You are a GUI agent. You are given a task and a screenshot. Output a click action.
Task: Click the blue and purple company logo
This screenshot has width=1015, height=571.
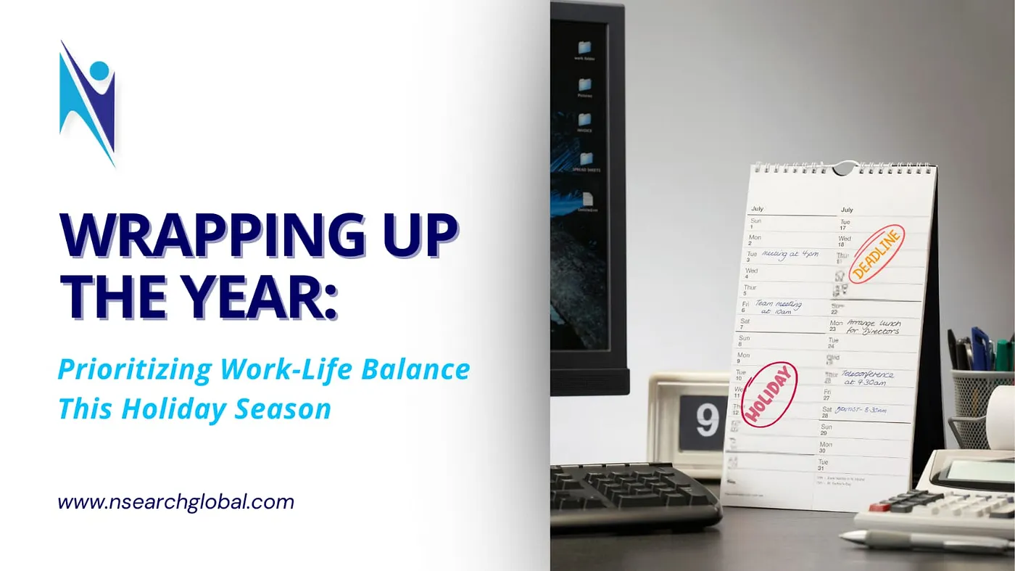pos(88,102)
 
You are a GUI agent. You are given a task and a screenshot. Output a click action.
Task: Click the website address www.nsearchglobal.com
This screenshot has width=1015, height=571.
pos(176,502)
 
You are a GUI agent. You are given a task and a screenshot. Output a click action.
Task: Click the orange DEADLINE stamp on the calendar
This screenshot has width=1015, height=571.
pos(877,255)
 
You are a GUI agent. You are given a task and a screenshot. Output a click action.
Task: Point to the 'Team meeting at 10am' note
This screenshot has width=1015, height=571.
pos(778,306)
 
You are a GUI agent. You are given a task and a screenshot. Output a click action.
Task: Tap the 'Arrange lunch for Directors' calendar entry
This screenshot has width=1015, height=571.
pos(874,326)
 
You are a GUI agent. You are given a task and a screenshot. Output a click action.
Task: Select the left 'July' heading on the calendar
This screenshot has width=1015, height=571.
pos(758,209)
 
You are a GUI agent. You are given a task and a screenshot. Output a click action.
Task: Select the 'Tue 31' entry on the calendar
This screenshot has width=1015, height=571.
pos(824,465)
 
